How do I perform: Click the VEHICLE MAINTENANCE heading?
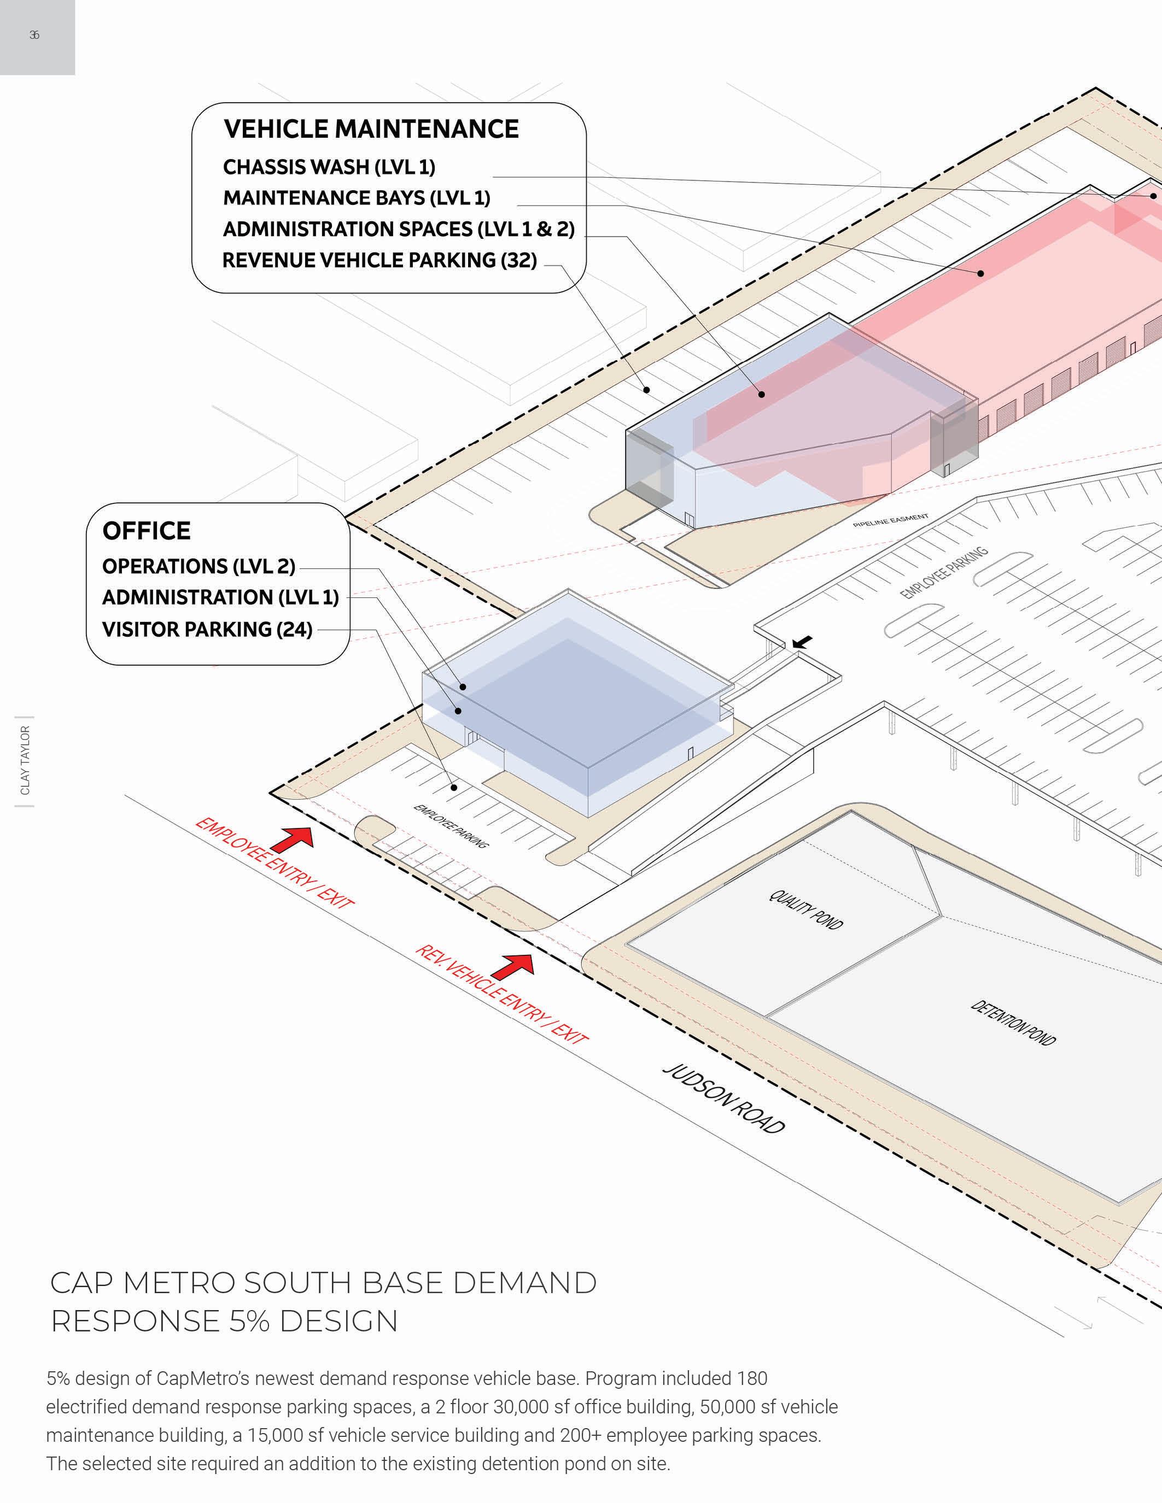pos(371,130)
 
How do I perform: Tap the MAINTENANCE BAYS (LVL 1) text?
pos(357,198)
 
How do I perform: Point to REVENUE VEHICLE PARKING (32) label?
pos(379,260)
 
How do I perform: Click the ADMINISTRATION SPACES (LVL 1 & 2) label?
pos(399,229)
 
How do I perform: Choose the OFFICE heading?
pos(147,531)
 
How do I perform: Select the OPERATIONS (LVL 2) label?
pos(198,566)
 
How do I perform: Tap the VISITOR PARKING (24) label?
pos(207,629)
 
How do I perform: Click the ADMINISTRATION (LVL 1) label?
pos(220,597)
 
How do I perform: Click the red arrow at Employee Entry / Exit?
pos(293,839)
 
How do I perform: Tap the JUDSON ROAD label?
pos(723,1099)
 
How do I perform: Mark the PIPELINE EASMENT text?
pos(890,520)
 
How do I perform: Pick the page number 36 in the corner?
pos(34,35)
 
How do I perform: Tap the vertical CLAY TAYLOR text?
pos(25,760)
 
